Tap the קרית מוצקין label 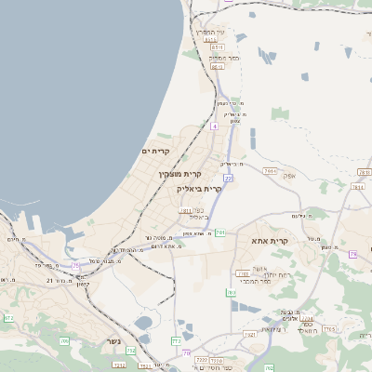180,174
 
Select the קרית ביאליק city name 200,188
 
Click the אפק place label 289,175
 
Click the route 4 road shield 213,125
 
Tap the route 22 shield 227,178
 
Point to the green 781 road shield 219,232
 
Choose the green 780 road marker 231,292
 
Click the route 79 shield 352,254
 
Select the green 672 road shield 8,318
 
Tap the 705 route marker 65,342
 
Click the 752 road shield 131,351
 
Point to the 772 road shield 176,341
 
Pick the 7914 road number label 271,171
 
